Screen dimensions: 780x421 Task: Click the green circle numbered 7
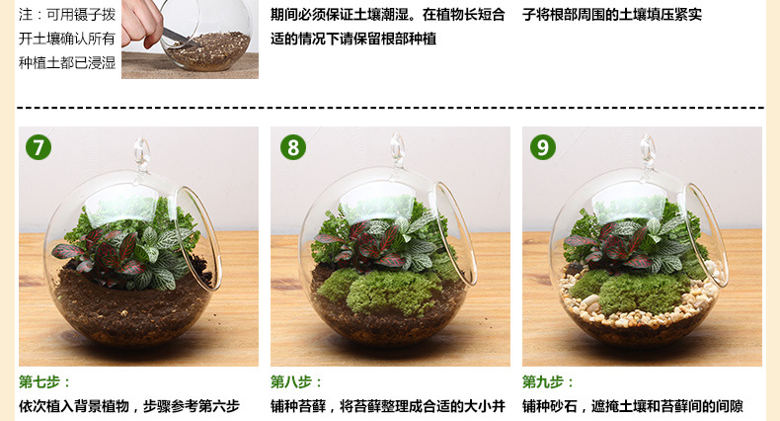(39, 147)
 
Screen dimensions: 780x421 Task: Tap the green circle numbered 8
(293, 147)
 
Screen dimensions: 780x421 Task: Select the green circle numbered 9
(543, 147)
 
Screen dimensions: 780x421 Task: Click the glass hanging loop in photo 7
(142, 152)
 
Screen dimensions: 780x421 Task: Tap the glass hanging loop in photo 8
(397, 148)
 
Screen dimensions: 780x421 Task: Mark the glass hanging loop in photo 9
(648, 150)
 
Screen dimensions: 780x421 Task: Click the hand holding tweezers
(142, 23)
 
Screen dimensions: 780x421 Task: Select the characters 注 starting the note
(26, 15)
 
